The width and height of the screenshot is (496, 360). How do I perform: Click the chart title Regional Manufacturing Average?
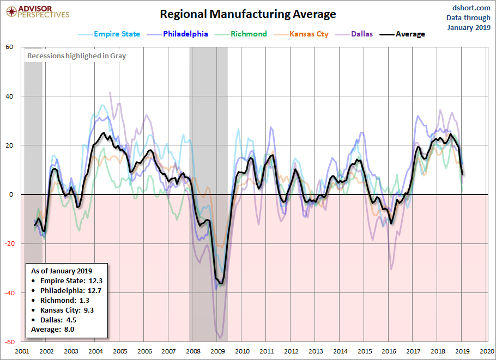tap(247, 14)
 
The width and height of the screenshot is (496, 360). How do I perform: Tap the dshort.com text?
tap(471, 8)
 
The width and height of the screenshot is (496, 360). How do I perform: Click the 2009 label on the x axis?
tap(217, 351)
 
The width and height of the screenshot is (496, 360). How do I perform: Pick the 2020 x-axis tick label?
tap(487, 351)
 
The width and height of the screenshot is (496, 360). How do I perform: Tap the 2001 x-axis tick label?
tap(22, 351)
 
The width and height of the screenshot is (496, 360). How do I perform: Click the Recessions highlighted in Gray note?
tap(76, 56)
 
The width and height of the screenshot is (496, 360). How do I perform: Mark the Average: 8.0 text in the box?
tap(53, 330)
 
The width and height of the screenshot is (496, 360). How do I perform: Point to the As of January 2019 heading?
tap(62, 271)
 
